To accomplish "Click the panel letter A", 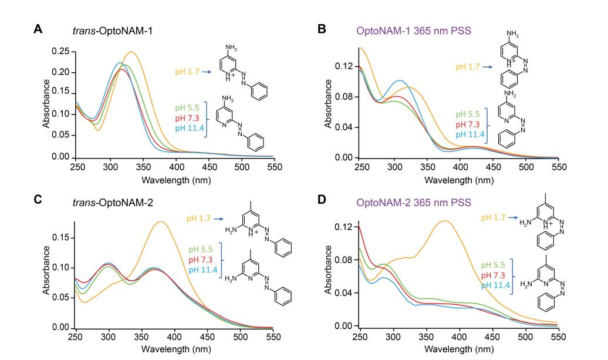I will [x=36, y=28].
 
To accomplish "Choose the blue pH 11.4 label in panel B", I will [x=468, y=134].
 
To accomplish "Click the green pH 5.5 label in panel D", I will [x=494, y=264].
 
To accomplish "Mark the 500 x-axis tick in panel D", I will [x=526, y=337].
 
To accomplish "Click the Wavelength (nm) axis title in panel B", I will [x=459, y=180].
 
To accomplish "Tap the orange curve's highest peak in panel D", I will [x=445, y=221].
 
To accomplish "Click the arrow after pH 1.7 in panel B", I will [x=487, y=67].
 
